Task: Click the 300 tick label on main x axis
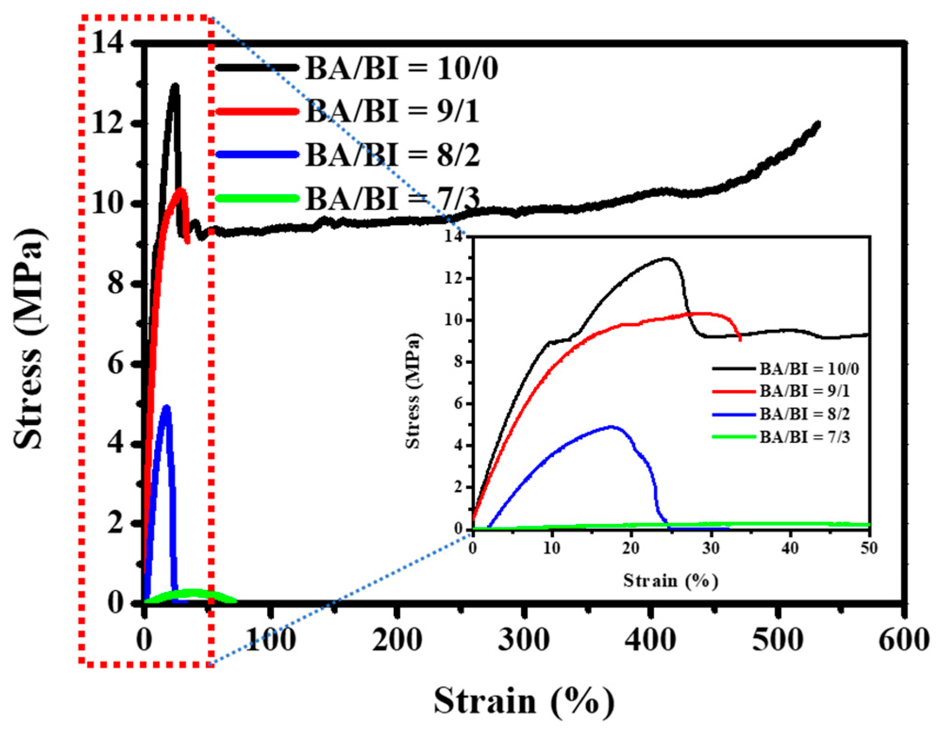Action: pyautogui.click(x=524, y=640)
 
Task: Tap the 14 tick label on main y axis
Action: pyautogui.click(x=107, y=43)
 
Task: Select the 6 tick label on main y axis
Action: pyautogui.click(x=115, y=364)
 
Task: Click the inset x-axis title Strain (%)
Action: pyautogui.click(x=670, y=580)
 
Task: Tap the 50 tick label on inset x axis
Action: pyautogui.click(x=869, y=548)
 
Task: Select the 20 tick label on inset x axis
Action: pyautogui.click(x=631, y=548)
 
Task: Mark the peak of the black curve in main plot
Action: pyautogui.click(x=175, y=86)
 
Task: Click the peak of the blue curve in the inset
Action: pyautogui.click(x=611, y=426)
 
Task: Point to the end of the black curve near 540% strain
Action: pyautogui.click(x=818, y=124)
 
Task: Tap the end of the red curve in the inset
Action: pyautogui.click(x=740, y=340)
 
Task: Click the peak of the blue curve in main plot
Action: pyautogui.click(x=166, y=407)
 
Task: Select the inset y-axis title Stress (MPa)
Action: pyautogui.click(x=413, y=391)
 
